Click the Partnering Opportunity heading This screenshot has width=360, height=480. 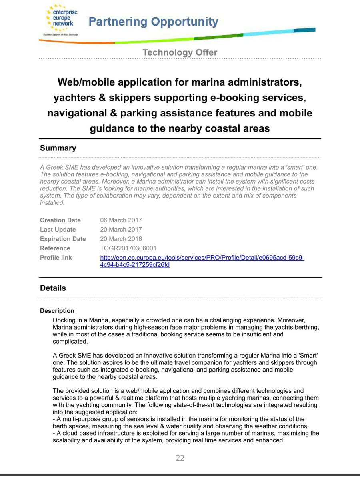pos(153,22)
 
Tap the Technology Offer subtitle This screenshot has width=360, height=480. pos(180,52)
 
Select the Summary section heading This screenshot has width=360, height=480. pos(58,148)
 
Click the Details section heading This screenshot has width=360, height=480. pos(53,288)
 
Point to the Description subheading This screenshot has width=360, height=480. pos(57,311)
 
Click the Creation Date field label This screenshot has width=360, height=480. pos(60,220)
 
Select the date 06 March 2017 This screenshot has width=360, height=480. pos(121,220)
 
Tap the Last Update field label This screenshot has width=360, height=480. pos(58,230)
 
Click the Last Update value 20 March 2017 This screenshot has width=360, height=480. pos(121,230)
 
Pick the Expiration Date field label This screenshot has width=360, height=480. pos(63,239)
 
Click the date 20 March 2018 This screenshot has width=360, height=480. pos(121,239)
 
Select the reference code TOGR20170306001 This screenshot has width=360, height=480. pos(128,248)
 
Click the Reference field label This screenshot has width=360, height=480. pos(55,248)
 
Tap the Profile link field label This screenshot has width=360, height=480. pos(56,258)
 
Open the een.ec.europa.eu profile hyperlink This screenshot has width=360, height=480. pos(202,258)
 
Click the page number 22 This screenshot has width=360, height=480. pos(180,458)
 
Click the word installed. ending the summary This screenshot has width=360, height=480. pos(52,203)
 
